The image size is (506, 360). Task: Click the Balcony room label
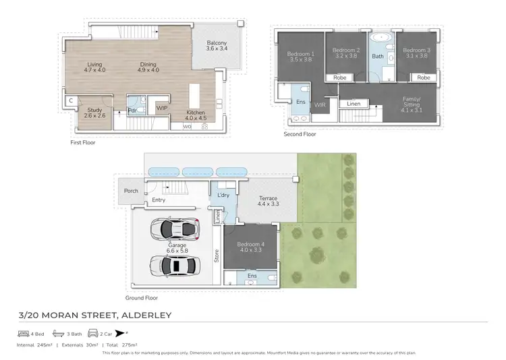[217, 44]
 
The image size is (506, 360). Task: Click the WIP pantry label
[161, 107]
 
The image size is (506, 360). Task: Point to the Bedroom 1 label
[301, 53]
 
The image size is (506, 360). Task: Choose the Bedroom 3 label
[416, 51]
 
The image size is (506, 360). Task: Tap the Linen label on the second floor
[354, 104]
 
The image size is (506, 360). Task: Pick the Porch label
[132, 191]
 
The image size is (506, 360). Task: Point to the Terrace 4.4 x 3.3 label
[268, 201]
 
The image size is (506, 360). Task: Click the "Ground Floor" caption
[142, 297]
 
